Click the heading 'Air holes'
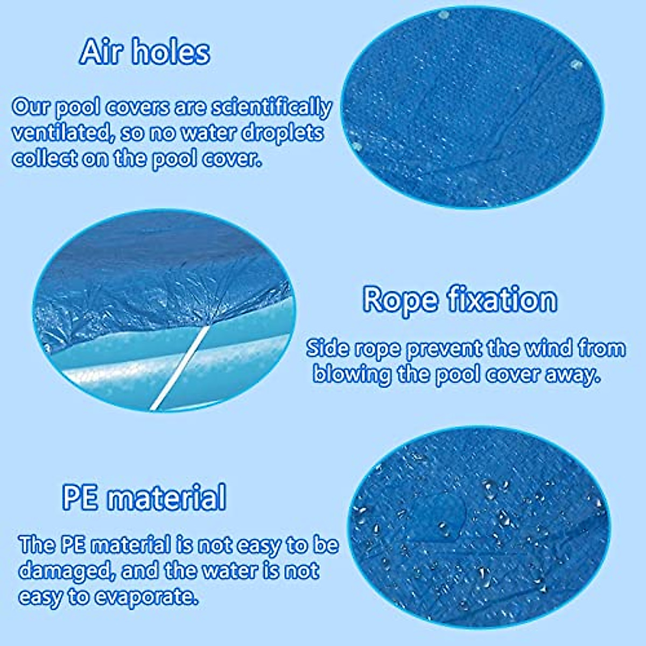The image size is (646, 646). (x=145, y=52)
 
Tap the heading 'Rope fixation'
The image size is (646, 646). (x=460, y=299)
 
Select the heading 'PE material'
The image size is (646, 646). (x=144, y=497)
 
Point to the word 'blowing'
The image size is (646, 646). (x=352, y=374)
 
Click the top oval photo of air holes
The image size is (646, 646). (x=471, y=108)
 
